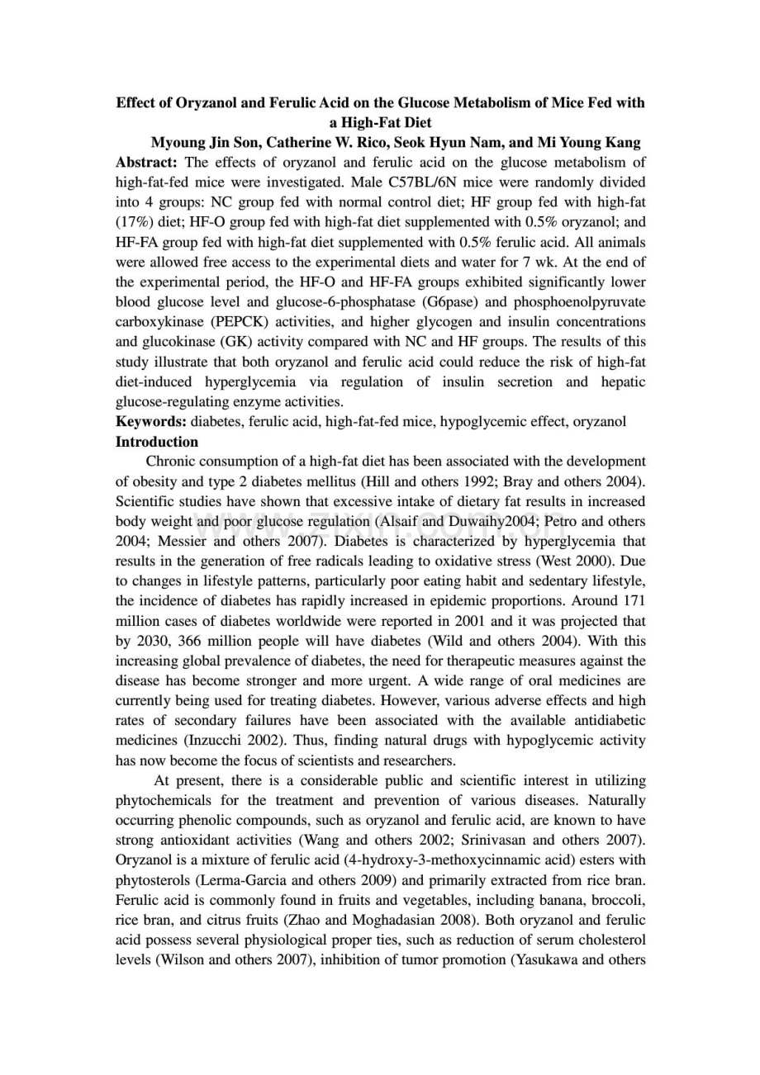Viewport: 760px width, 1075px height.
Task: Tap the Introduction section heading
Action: point(157,442)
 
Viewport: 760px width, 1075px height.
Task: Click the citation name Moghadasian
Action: point(393,920)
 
